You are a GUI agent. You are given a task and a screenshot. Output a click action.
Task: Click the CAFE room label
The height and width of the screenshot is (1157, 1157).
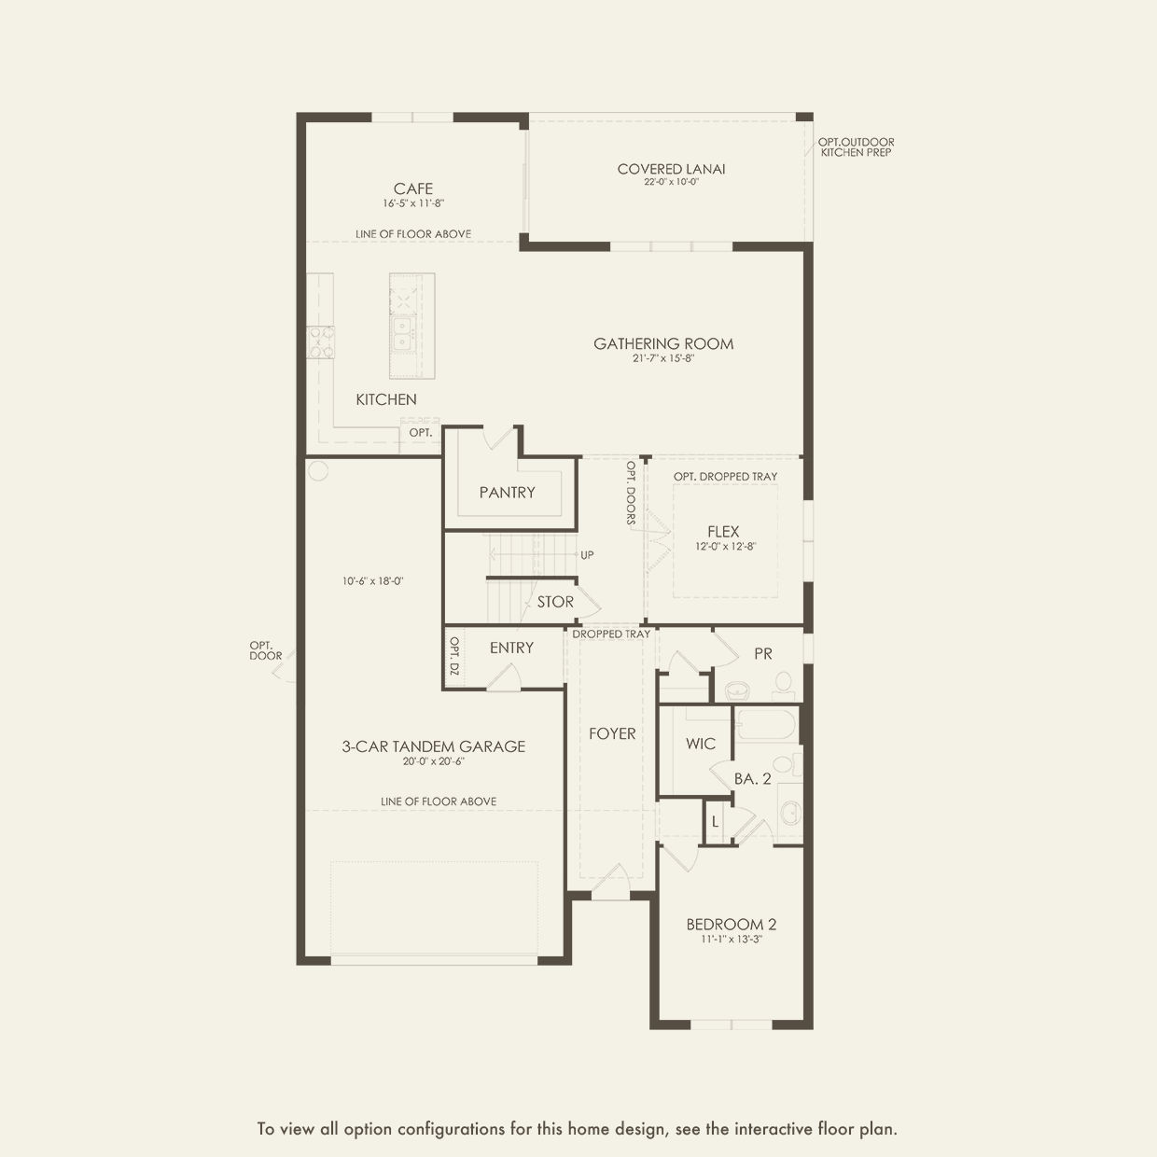(413, 188)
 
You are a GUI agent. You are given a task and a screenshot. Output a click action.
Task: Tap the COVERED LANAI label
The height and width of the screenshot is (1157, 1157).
(671, 169)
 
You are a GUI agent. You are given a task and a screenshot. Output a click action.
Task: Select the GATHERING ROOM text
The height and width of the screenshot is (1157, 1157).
(663, 343)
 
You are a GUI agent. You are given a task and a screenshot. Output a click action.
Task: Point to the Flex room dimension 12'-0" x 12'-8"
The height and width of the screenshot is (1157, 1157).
(725, 547)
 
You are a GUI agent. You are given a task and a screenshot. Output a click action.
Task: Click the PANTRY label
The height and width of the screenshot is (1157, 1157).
(507, 493)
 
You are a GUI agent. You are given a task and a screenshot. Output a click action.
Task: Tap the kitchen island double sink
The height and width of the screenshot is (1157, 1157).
(400, 333)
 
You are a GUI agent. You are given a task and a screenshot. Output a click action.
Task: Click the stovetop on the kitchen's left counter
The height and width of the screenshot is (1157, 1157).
(321, 342)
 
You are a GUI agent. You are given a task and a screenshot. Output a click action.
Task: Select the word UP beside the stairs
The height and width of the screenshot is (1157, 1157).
(587, 555)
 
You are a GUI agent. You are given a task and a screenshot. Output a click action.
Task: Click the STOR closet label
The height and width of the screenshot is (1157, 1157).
(555, 602)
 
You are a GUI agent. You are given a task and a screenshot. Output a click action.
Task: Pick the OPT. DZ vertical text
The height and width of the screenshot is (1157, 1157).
(454, 656)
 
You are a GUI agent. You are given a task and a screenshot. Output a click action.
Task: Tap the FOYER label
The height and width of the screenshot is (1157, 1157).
(612, 733)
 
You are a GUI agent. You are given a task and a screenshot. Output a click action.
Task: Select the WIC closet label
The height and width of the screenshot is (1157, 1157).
(701, 744)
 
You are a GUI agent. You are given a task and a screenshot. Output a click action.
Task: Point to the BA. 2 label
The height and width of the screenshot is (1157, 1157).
(752, 779)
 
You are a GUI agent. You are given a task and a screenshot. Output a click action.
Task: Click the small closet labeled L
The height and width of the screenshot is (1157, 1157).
(715, 821)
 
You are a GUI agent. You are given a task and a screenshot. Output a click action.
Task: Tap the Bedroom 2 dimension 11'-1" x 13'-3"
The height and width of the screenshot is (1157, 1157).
(732, 939)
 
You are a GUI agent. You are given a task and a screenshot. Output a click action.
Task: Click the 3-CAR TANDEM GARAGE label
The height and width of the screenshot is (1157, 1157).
(434, 746)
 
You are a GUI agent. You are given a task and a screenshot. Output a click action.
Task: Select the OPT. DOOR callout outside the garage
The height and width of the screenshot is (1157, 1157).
(265, 651)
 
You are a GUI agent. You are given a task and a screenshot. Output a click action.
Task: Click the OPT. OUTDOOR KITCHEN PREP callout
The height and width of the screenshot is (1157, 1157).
(857, 147)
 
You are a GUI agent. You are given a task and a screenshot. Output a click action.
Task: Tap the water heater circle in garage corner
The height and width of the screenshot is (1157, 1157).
(318, 470)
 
